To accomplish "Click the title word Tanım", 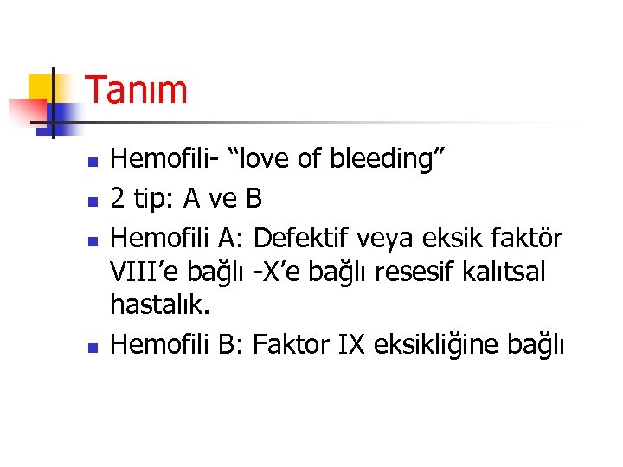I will tap(137, 90).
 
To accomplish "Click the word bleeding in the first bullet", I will tap(402, 158).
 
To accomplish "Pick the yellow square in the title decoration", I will tap(41, 86).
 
